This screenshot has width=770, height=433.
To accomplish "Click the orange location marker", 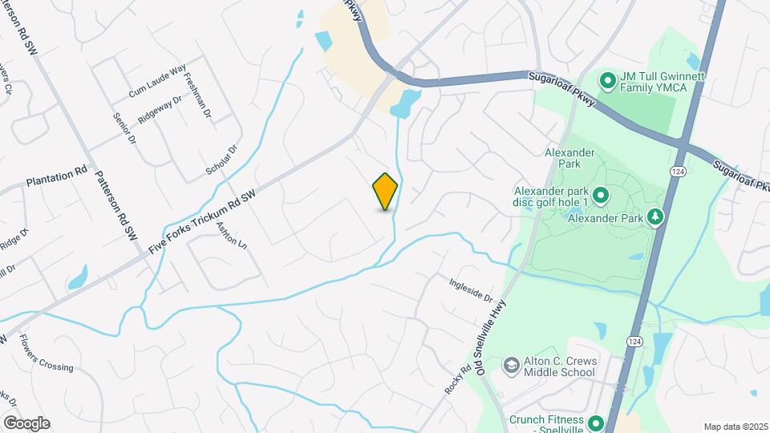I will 385,192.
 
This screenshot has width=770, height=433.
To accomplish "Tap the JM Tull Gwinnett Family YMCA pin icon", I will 608,80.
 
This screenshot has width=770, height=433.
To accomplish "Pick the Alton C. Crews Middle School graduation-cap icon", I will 510,366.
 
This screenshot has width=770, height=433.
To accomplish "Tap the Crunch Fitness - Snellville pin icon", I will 596,422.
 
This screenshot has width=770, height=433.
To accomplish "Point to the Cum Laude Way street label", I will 157,82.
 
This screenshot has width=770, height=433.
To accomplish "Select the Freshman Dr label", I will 197,96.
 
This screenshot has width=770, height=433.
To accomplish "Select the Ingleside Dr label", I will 471,289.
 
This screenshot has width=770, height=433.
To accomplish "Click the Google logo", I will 26,423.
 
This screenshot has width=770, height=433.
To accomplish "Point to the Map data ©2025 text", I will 735,427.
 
